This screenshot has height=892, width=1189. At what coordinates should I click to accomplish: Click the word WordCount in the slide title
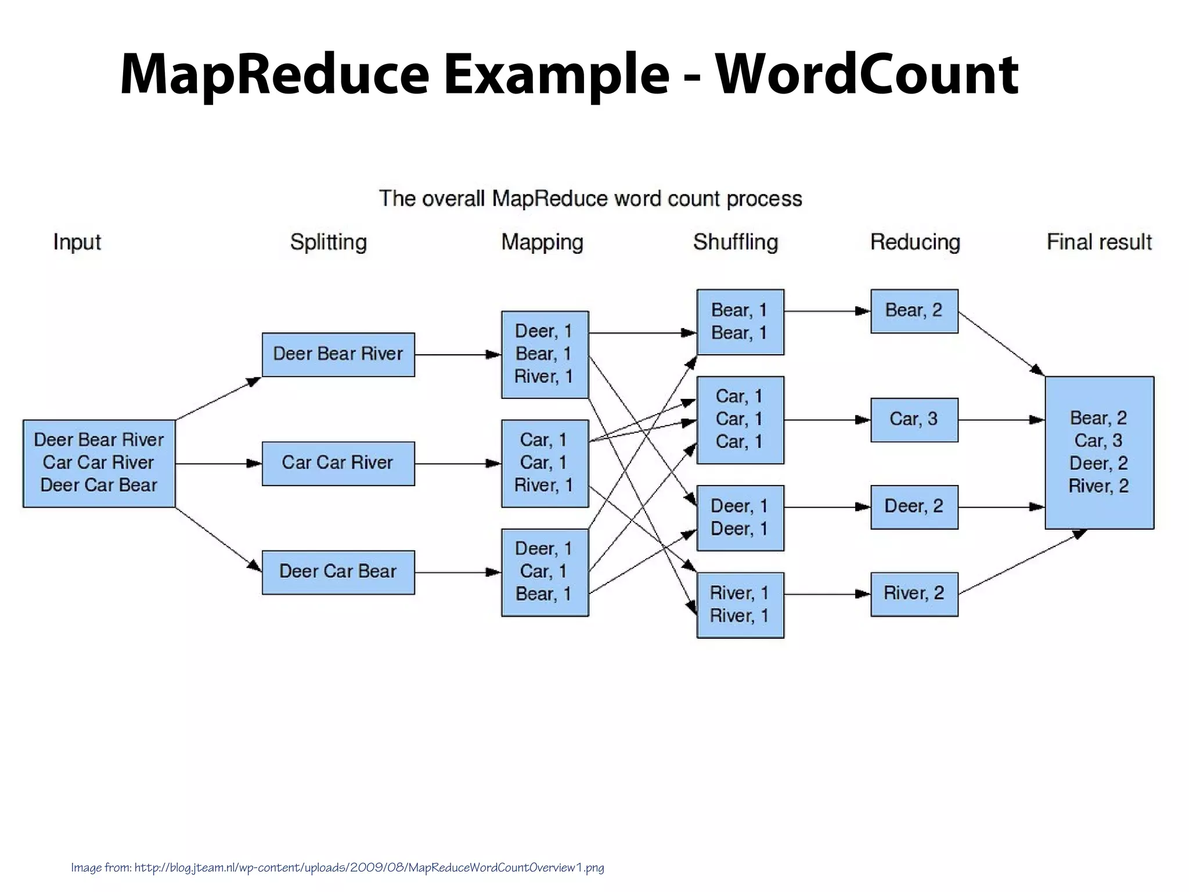pos(866,74)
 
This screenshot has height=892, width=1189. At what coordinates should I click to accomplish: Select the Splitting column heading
pos(328,242)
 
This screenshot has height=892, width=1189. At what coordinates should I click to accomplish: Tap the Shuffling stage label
pos(735,242)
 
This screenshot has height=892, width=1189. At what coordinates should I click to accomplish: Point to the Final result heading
pos(1098,242)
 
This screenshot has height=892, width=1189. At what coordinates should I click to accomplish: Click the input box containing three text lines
pos(99,463)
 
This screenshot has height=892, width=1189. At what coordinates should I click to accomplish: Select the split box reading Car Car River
pos(338,463)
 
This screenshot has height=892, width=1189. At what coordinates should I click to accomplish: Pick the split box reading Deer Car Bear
pos(338,571)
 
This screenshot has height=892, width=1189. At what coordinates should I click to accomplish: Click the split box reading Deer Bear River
pos(338,354)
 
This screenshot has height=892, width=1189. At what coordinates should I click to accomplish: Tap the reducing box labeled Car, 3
pos(914,419)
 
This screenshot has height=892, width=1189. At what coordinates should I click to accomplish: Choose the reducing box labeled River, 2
pos(914,594)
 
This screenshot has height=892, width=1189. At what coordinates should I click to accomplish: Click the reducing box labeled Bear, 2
pos(914,311)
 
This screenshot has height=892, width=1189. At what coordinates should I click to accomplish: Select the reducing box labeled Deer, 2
pos(914,506)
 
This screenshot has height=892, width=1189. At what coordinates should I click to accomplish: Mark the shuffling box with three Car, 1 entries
pos(740,419)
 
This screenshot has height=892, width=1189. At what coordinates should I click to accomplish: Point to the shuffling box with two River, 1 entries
pos(740,605)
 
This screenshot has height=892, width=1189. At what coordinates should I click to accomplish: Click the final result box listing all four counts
pos(1099,452)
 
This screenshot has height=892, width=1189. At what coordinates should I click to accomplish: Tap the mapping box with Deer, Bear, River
pos(545,354)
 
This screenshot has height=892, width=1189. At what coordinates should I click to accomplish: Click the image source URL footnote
pos(337,868)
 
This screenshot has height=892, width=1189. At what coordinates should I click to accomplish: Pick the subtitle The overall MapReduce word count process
pos(590,199)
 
